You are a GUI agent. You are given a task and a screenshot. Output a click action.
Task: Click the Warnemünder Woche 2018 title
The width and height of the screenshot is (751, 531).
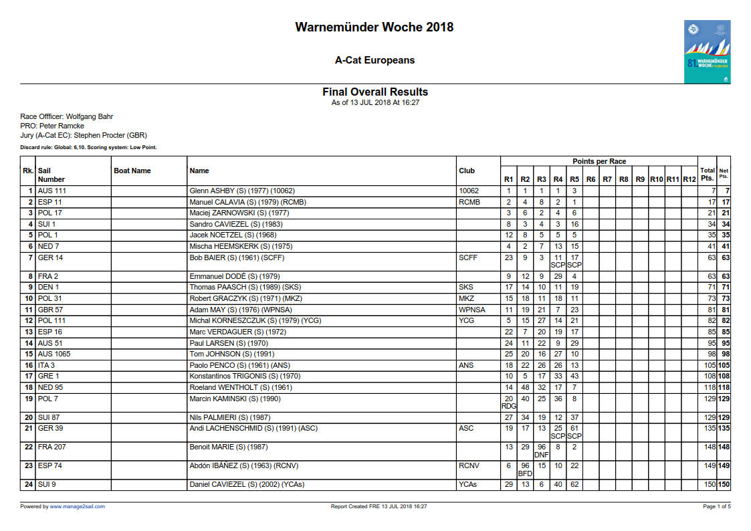pos(374,27)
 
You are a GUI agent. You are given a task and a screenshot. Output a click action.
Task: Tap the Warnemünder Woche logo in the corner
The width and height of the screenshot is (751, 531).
pos(706,52)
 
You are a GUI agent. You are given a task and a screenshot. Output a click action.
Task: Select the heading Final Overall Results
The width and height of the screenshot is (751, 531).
pos(375,92)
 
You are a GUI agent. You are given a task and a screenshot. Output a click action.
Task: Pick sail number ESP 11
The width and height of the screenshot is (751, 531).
pos(50,202)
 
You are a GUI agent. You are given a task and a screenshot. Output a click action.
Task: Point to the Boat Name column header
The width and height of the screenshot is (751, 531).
pos(132,171)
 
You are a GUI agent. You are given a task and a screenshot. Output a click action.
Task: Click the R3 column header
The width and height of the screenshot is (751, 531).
pos(542,179)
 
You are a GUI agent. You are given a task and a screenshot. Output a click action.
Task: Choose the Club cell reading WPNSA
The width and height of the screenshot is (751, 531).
pos(472,310)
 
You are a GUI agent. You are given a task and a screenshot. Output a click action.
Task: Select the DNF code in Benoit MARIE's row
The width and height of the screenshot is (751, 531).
pos(542,455)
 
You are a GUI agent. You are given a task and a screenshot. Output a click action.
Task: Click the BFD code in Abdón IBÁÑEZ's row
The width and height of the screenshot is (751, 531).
pos(525,474)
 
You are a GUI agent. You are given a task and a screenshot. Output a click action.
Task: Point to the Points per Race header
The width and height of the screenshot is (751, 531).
pos(599,162)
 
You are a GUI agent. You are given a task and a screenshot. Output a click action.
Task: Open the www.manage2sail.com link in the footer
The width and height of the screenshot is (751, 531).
pos(77,506)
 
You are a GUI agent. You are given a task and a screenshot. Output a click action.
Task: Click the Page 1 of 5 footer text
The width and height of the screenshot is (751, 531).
pos(716,506)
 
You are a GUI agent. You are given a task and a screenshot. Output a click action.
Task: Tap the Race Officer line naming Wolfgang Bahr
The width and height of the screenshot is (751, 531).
pos(66,116)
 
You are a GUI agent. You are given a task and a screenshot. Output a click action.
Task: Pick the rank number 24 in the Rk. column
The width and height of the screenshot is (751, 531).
pos(29,484)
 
